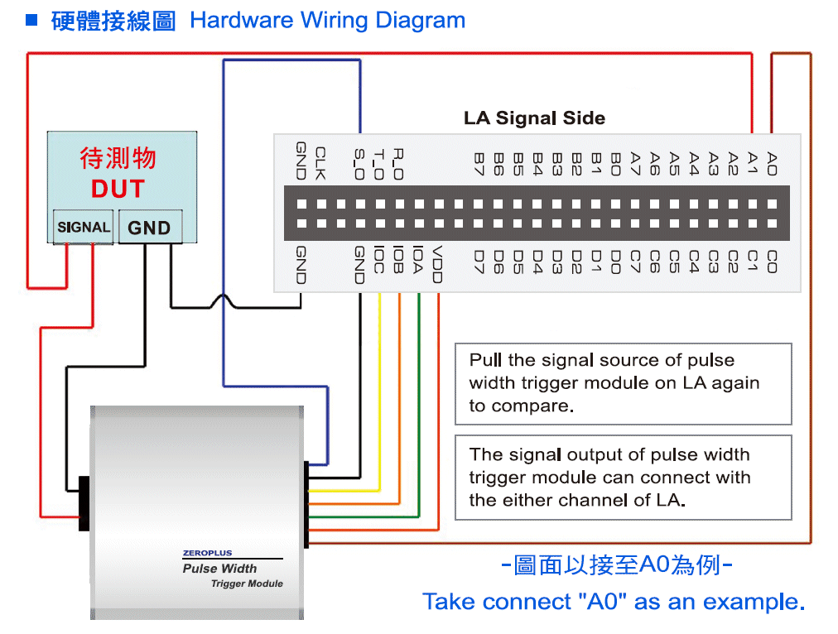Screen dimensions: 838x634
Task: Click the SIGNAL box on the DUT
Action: click(x=83, y=227)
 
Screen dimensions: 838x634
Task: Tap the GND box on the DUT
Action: click(x=150, y=227)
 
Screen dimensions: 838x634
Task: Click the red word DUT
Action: click(x=118, y=189)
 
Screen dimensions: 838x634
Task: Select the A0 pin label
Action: click(x=772, y=164)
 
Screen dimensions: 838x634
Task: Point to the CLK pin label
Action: click(x=320, y=163)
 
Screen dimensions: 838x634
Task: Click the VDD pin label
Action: click(x=437, y=264)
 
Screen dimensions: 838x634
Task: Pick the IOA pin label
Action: click(x=418, y=260)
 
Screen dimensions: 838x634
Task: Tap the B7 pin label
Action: click(x=479, y=164)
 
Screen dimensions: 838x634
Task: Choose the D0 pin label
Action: click(x=615, y=262)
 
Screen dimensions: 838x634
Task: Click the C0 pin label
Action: click(x=772, y=262)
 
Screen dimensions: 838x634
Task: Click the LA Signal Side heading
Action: click(x=534, y=118)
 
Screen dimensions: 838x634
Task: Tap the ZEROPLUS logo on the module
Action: click(x=207, y=553)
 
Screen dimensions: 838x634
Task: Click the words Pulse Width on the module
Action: click(x=219, y=569)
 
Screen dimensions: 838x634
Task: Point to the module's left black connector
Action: click(x=84, y=503)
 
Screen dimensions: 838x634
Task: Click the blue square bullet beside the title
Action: click(x=31, y=20)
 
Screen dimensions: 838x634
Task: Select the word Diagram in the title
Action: click(x=420, y=21)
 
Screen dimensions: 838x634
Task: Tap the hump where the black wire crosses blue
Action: click(x=223, y=300)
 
